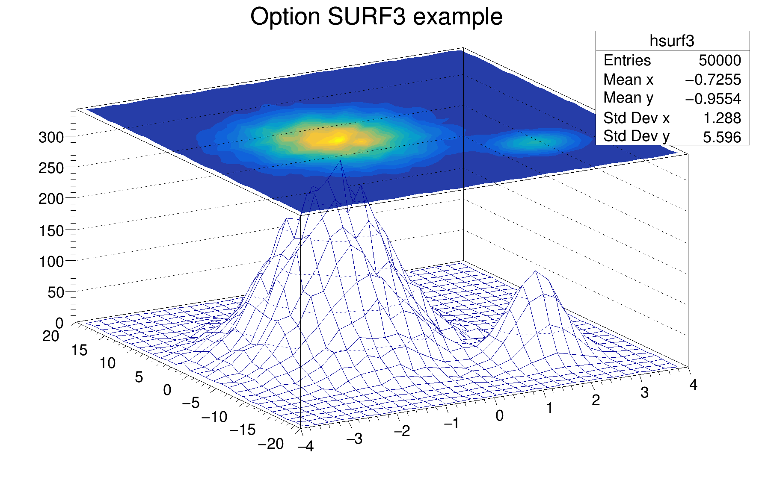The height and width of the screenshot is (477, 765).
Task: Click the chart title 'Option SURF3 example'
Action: (x=376, y=17)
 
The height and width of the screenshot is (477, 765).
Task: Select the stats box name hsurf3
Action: (x=672, y=41)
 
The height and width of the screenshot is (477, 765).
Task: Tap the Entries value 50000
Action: (x=720, y=61)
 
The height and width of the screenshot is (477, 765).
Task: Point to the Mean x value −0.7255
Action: (x=713, y=80)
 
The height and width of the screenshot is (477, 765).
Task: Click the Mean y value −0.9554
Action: (x=713, y=99)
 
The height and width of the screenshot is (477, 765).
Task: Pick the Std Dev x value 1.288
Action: (x=722, y=118)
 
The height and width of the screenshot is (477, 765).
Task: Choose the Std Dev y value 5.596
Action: (x=722, y=137)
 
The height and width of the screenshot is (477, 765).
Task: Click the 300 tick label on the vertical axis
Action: (x=51, y=138)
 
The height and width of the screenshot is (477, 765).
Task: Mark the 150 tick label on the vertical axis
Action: (x=51, y=231)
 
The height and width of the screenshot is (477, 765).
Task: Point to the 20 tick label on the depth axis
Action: (x=50, y=336)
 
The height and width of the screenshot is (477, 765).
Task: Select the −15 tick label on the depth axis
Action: (x=243, y=430)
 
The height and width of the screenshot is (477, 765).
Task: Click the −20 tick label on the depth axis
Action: (x=271, y=444)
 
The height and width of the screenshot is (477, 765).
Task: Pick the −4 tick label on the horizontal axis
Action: (x=306, y=447)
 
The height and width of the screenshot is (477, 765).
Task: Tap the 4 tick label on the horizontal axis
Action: (x=693, y=385)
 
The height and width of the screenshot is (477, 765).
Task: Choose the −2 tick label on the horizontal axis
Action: (x=402, y=431)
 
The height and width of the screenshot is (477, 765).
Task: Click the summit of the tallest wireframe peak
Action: (x=340, y=161)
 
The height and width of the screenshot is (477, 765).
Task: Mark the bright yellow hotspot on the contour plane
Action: (x=338, y=139)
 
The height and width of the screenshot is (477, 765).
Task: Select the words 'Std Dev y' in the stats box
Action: (x=636, y=136)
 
